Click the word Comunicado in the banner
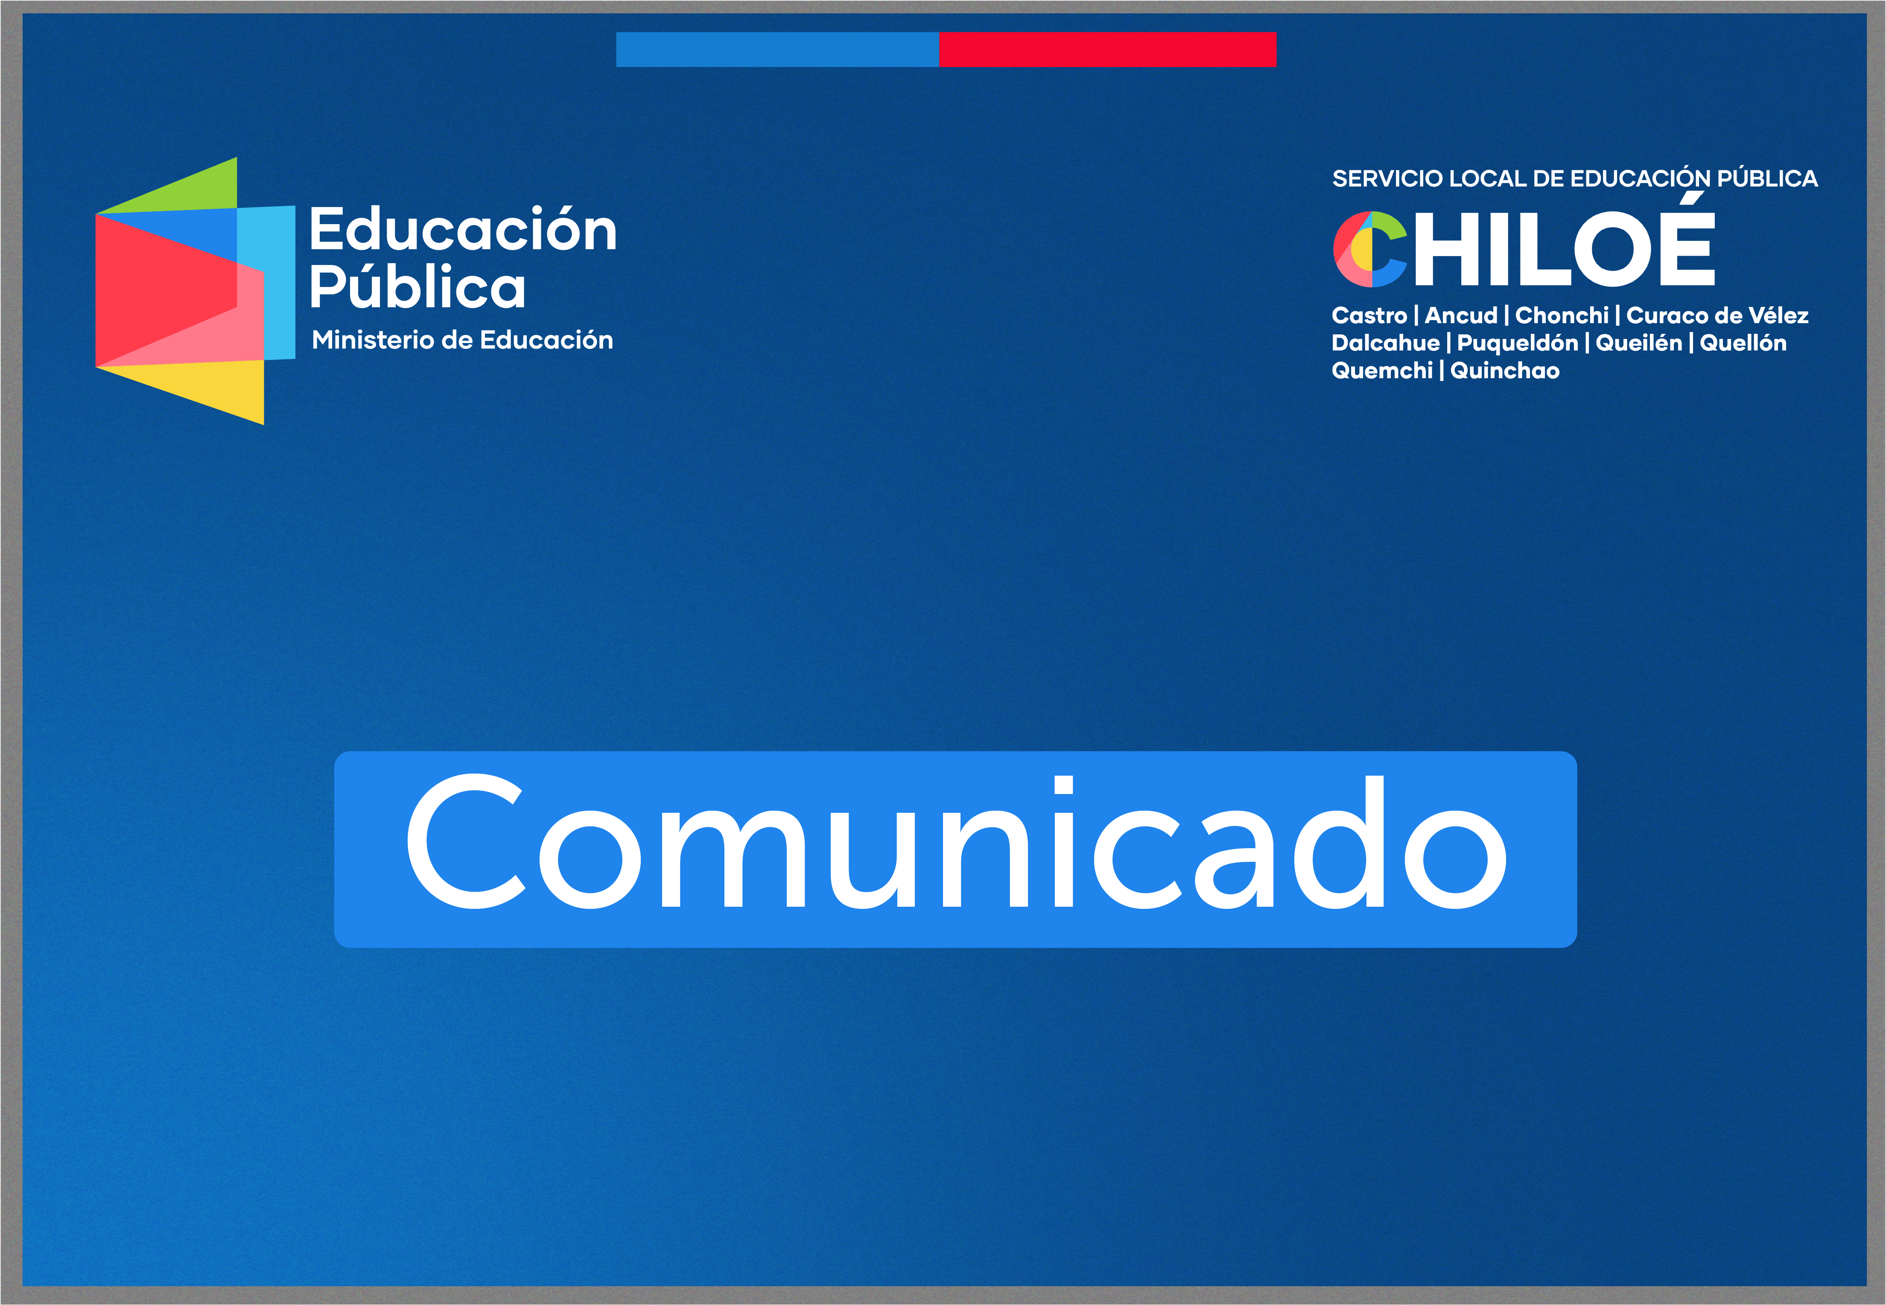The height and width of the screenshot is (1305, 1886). coord(956,842)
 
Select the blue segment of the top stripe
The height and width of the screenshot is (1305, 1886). coord(777,49)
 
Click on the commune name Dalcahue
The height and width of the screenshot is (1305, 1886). coord(1386,343)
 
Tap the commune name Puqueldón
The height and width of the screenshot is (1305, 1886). coord(1517,343)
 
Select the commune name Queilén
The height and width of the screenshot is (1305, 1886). coord(1638,343)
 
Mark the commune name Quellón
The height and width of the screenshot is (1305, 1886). coord(1743,343)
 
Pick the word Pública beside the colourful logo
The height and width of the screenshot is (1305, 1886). coord(417,288)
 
